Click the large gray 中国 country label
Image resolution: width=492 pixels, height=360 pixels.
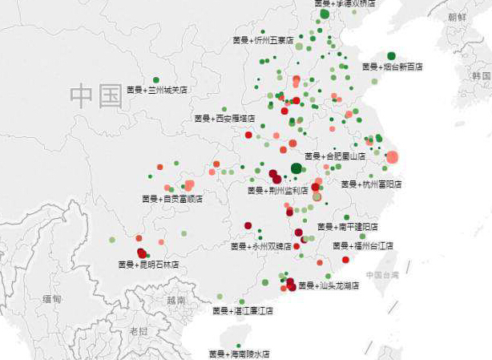click(x=95, y=96)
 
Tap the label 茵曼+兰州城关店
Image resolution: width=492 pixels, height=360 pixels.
click(x=157, y=90)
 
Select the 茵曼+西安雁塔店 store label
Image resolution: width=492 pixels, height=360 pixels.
click(x=224, y=118)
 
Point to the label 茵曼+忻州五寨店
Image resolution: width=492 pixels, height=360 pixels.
click(x=264, y=39)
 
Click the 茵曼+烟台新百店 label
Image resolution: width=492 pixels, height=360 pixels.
click(x=392, y=67)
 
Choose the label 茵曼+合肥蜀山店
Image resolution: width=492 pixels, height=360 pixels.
click(x=335, y=156)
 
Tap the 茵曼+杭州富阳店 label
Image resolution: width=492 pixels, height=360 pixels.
click(x=371, y=184)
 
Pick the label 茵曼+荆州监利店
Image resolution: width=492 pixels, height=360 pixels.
click(x=278, y=191)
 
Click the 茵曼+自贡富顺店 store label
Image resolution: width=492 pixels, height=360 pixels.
click(x=172, y=198)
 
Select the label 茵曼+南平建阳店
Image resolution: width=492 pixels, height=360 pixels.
click(x=348, y=227)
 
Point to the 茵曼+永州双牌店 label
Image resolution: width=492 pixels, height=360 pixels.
click(x=261, y=246)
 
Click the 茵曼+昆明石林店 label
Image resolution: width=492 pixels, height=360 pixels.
click(x=148, y=264)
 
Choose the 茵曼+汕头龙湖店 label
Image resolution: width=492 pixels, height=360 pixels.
click(x=329, y=285)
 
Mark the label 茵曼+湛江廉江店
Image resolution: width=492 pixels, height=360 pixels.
click(x=243, y=310)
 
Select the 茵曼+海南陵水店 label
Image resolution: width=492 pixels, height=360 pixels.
click(x=239, y=354)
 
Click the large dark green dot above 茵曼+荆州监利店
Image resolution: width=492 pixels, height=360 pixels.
click(x=296, y=168)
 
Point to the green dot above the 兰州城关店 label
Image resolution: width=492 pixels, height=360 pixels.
click(x=156, y=80)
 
